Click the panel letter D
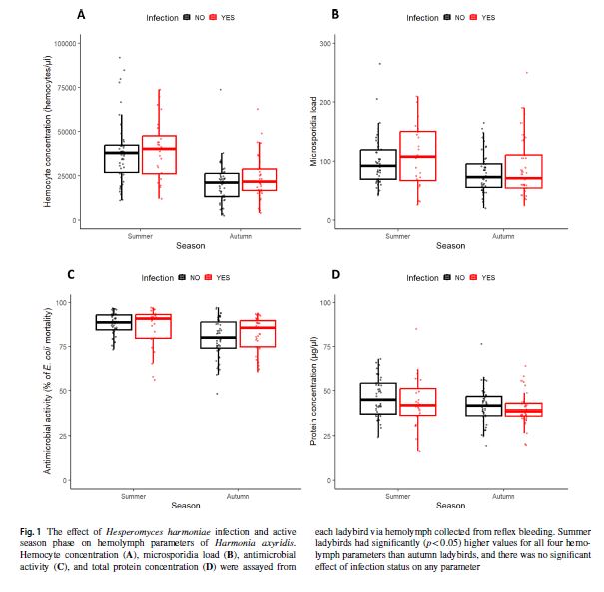(x=336, y=274)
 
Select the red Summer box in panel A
(x=160, y=155)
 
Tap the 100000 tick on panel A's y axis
(x=67, y=44)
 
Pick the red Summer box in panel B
(x=417, y=155)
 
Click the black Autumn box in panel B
(x=484, y=175)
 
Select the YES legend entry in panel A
(x=221, y=18)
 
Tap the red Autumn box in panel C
(x=259, y=333)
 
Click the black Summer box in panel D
(x=376, y=398)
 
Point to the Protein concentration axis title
(x=313, y=391)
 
